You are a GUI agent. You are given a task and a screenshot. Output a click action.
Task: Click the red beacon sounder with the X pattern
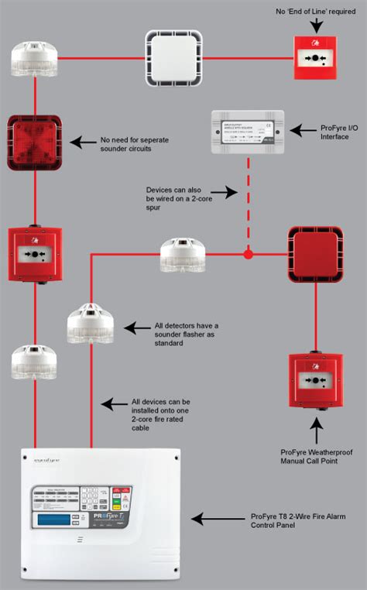click(34, 142)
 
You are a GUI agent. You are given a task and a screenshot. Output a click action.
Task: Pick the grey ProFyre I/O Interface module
click(247, 131)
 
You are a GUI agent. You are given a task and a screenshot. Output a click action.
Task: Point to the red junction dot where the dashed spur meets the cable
click(248, 253)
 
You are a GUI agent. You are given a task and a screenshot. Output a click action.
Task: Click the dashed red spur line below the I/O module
click(248, 201)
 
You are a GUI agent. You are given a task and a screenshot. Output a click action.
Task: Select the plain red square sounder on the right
click(315, 252)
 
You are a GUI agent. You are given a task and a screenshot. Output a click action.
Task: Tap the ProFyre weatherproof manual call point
click(315, 381)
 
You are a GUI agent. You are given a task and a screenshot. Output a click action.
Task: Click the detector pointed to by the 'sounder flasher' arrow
click(91, 324)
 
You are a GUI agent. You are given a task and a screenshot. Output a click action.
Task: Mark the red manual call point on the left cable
click(34, 254)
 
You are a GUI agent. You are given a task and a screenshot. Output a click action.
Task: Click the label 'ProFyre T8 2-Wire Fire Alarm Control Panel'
click(297, 523)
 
